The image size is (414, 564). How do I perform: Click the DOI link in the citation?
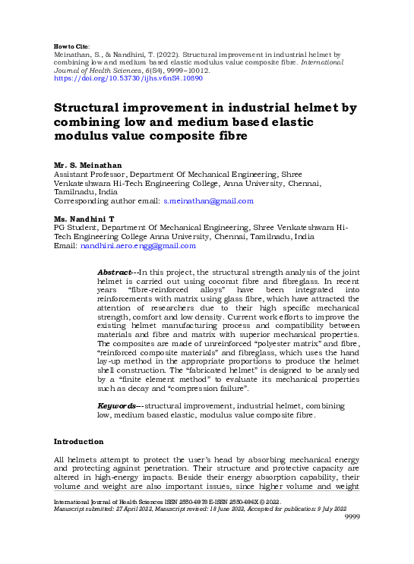click(128, 78)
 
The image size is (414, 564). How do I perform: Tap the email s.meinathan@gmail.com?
click(208, 201)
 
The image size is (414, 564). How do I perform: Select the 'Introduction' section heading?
click(78, 442)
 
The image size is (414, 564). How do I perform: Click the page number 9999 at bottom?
click(352, 516)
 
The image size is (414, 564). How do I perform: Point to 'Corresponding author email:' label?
click(106, 201)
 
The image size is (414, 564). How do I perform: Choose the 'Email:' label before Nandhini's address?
click(65, 246)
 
